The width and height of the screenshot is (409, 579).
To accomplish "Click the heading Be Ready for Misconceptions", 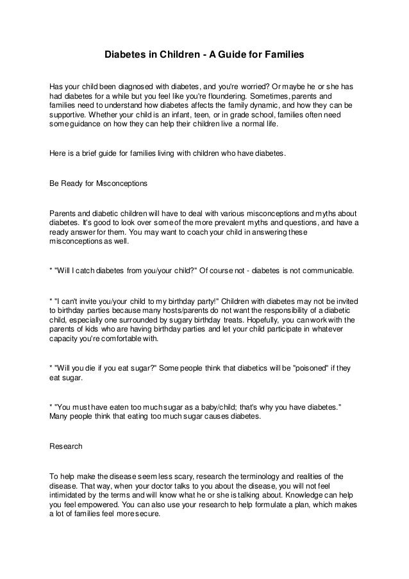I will [x=98, y=183].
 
